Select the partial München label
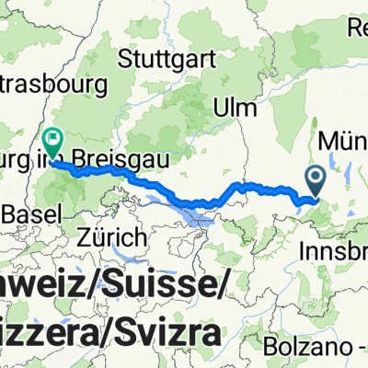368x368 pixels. (x=344, y=142)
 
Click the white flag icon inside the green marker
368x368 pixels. (x=52, y=139)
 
